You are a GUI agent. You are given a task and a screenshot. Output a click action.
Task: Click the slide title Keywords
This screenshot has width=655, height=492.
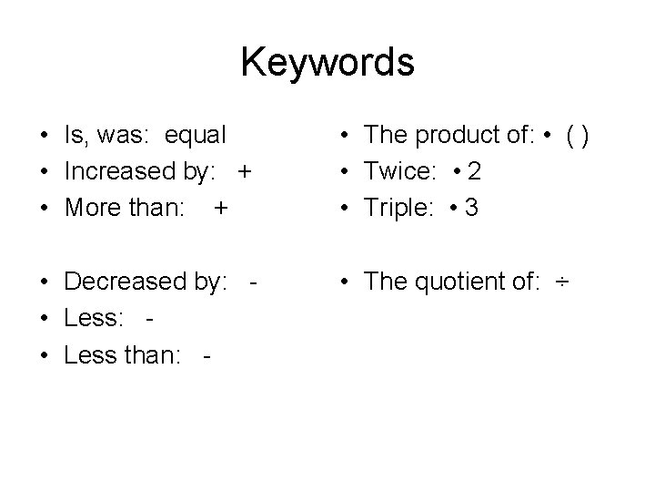coord(327,62)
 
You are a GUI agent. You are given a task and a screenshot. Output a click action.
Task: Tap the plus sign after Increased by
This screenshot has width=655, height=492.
coord(242,171)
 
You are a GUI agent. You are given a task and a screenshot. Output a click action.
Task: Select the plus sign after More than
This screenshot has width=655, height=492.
coord(220,208)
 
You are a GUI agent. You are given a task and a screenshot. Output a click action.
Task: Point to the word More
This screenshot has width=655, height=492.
coord(89,208)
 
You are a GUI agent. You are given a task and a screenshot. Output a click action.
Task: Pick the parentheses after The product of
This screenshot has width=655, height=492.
coord(579,135)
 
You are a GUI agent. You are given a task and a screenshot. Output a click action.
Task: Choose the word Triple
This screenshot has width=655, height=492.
coord(397,208)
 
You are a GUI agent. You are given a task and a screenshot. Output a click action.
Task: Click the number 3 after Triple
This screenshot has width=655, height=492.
coord(470,208)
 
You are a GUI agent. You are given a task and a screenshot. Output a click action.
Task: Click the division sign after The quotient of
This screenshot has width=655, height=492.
coord(563,282)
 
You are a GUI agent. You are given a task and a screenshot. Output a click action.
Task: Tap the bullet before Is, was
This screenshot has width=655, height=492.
coord(44,136)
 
